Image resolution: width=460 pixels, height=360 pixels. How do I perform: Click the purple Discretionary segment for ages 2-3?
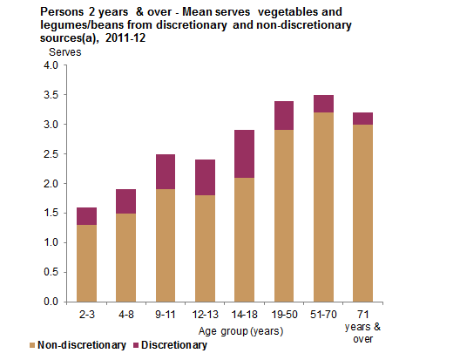pos(86,216)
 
